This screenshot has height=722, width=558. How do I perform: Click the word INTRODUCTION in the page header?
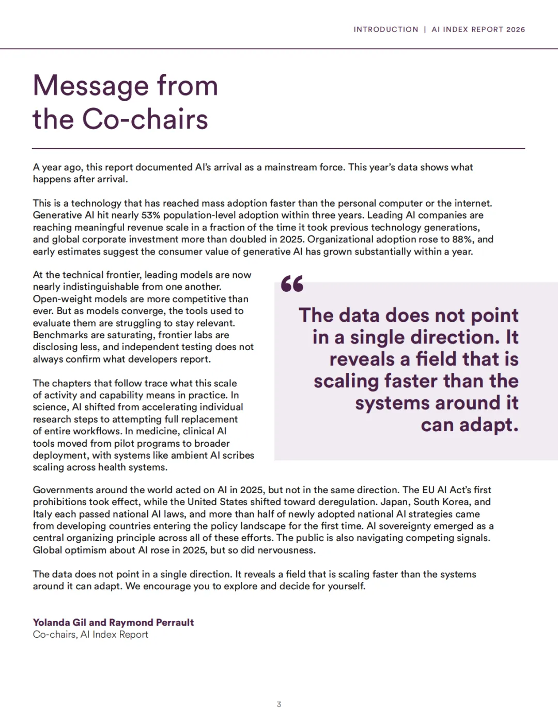coord(386,29)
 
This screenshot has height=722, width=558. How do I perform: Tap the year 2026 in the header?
coord(516,29)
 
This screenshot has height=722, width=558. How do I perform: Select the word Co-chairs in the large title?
coord(145,119)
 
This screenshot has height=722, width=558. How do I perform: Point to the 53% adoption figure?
coord(150,215)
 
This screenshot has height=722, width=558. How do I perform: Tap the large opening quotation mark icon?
coord(292,284)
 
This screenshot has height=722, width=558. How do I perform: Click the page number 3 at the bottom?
coord(279,704)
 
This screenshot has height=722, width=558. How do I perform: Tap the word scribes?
coord(238,456)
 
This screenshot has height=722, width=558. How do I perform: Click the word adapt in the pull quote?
coord(489,425)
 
